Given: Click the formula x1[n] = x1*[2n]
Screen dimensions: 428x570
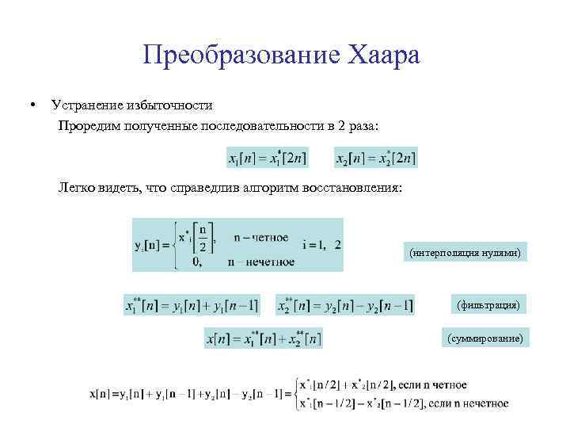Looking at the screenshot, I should click(x=267, y=158).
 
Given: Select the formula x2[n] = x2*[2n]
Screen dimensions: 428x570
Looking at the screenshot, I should click(x=375, y=158).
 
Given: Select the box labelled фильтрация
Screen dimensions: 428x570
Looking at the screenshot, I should click(x=488, y=304).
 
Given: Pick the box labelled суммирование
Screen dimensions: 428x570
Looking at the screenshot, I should click(x=484, y=338).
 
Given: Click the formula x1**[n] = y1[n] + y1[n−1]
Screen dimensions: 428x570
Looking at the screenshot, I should click(x=192, y=305).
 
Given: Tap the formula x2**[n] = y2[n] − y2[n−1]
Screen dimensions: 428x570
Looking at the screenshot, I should click(x=344, y=305).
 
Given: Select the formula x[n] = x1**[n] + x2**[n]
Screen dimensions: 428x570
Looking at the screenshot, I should click(x=264, y=338).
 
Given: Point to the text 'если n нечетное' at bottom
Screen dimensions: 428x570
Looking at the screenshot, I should click(x=467, y=403).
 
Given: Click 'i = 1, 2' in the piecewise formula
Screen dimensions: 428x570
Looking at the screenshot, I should click(x=321, y=244).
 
